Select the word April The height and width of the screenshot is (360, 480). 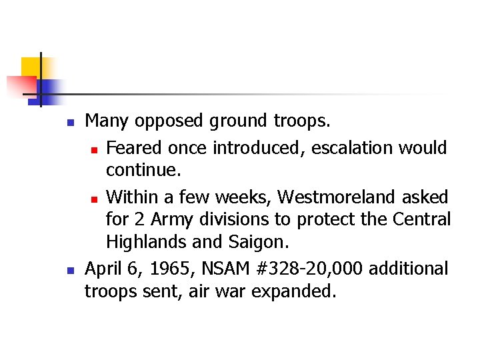(x=104, y=268)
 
